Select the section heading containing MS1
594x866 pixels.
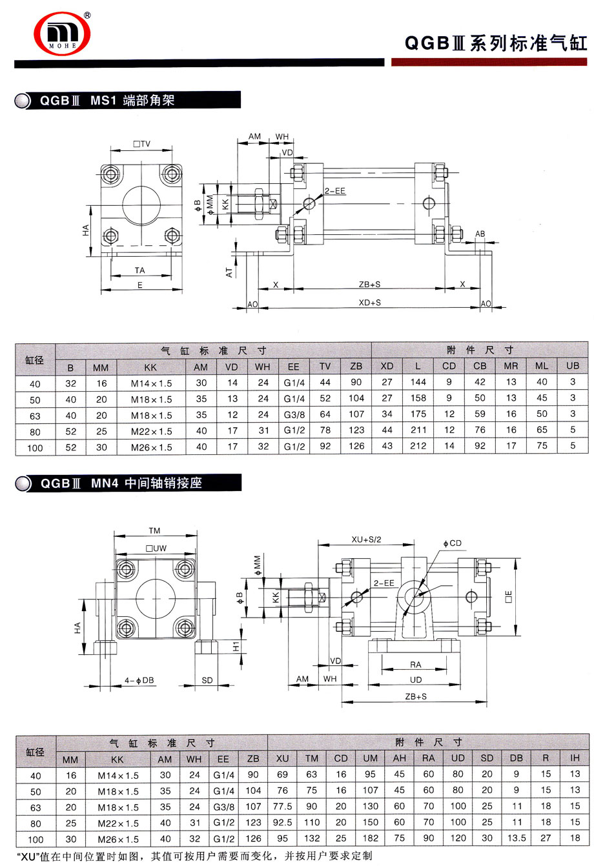click(107, 101)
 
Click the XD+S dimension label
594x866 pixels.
click(369, 303)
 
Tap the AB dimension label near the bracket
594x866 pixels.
click(480, 234)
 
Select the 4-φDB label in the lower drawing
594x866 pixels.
click(136, 681)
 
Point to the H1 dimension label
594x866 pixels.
click(236, 645)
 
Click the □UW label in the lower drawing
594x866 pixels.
click(156, 548)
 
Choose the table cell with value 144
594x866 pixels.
click(418, 383)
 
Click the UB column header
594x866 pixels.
click(572, 367)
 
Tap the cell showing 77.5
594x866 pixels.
click(283, 807)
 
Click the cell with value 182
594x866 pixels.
click(371, 839)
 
